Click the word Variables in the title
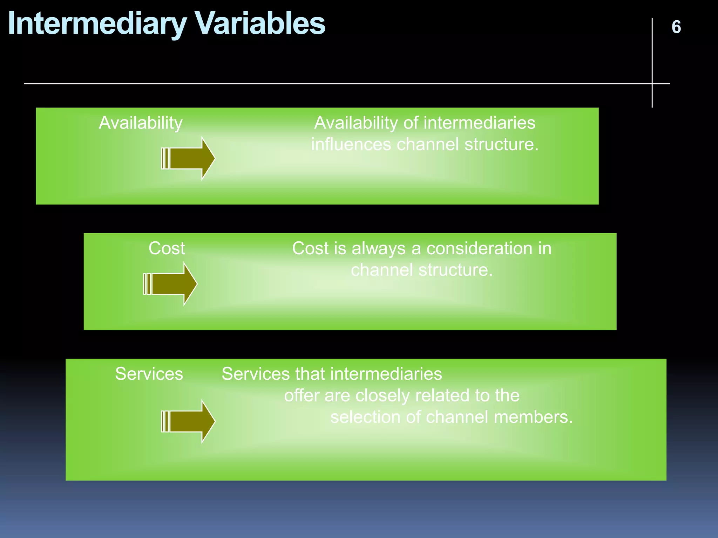[x=260, y=24]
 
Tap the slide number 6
[x=676, y=27]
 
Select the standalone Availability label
[x=141, y=123]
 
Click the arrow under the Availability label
[x=188, y=158]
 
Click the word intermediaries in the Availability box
[x=479, y=123]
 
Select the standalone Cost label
[x=167, y=248]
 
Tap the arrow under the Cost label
[x=171, y=284]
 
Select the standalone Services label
[x=149, y=374]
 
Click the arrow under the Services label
[x=188, y=421]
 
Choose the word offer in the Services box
[x=302, y=396]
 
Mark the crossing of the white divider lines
[x=652, y=84]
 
